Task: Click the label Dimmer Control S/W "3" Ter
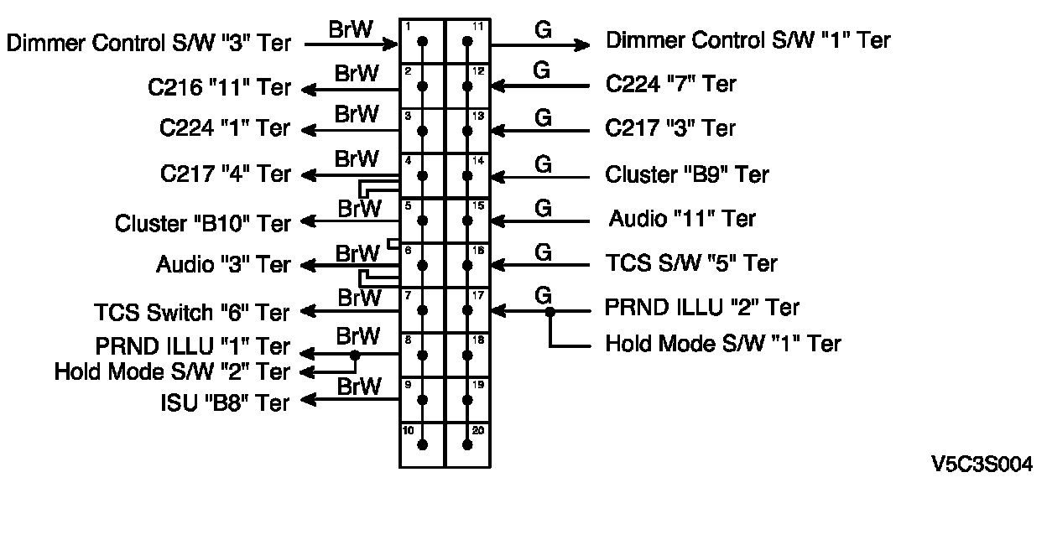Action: tap(148, 43)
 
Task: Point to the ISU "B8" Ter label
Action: tap(224, 402)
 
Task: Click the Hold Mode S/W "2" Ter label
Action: tap(171, 371)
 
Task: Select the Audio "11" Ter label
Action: tap(681, 219)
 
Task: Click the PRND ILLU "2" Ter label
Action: tap(701, 308)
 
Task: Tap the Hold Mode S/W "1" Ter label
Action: tap(722, 344)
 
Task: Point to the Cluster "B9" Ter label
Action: tap(686, 174)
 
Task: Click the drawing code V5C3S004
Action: tap(981, 465)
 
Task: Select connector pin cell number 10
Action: tap(422, 444)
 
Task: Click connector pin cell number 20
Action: tap(467, 444)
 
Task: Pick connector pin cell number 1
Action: tap(422, 40)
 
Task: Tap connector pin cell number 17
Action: tap(467, 310)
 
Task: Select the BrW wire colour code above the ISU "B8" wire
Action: tap(358, 387)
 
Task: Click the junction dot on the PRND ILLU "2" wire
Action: tap(550, 311)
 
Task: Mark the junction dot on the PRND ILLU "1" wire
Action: tap(355, 356)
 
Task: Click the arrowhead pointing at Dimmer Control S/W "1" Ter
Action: tap(583, 44)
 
